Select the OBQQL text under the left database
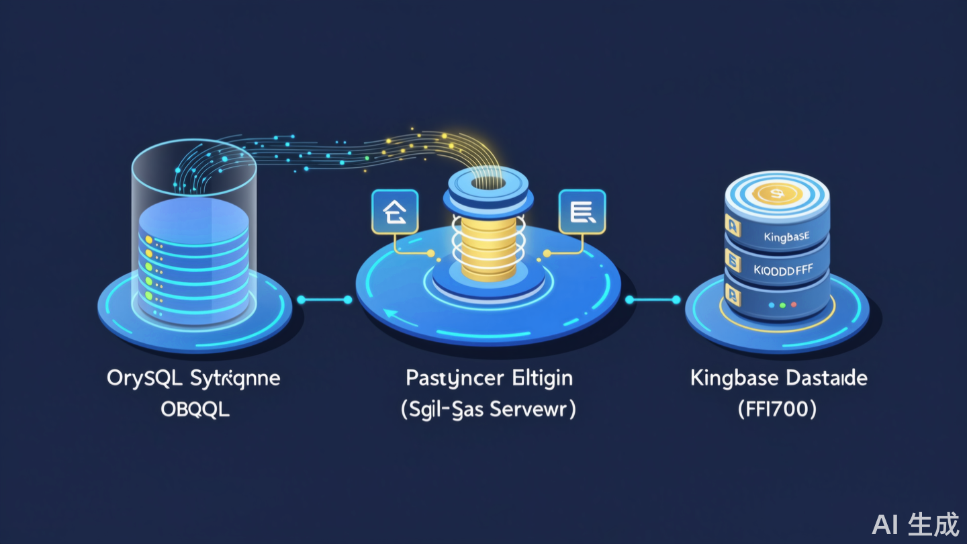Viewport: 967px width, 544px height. [x=195, y=409]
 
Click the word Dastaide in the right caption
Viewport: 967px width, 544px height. [x=822, y=378]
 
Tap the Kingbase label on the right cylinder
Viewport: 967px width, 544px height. [x=786, y=237]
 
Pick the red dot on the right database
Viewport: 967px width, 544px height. [x=794, y=304]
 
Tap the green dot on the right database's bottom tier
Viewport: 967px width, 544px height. [x=782, y=304]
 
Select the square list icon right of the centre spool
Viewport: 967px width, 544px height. [x=582, y=214]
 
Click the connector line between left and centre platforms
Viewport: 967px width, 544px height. [x=324, y=300]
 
